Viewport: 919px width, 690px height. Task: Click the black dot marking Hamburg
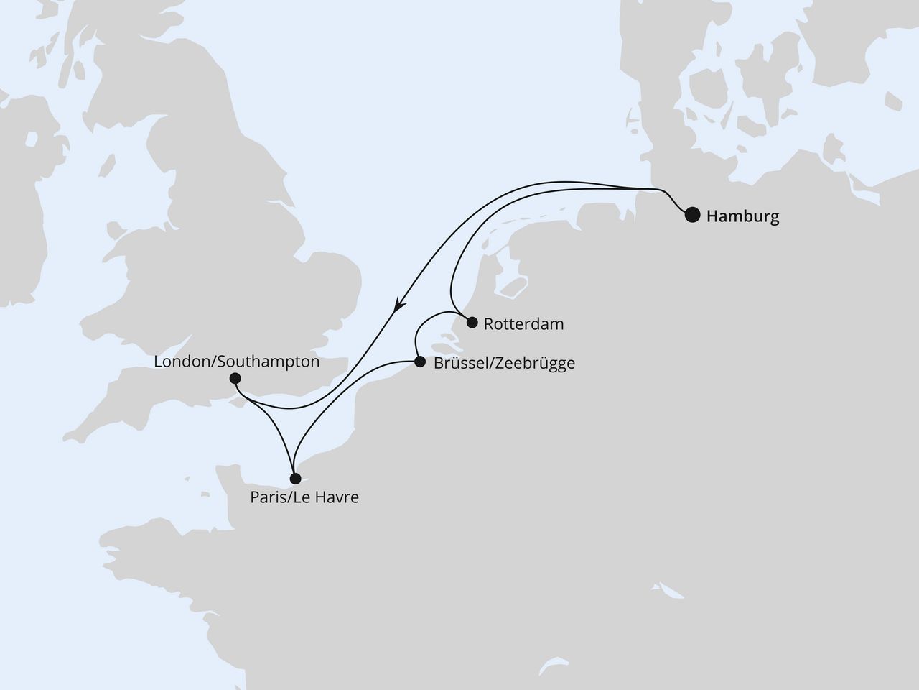coord(692,215)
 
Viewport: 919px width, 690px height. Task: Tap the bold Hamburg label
coord(742,216)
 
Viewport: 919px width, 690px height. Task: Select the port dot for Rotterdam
coord(472,323)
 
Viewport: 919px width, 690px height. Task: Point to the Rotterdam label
coord(523,324)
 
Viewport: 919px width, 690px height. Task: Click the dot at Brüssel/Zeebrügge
coord(419,362)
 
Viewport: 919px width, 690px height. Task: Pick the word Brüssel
coord(457,364)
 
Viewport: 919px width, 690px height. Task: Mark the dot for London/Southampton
coord(235,378)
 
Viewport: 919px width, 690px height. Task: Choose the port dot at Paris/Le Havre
coord(294,478)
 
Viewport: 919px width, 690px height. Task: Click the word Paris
coord(266,497)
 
